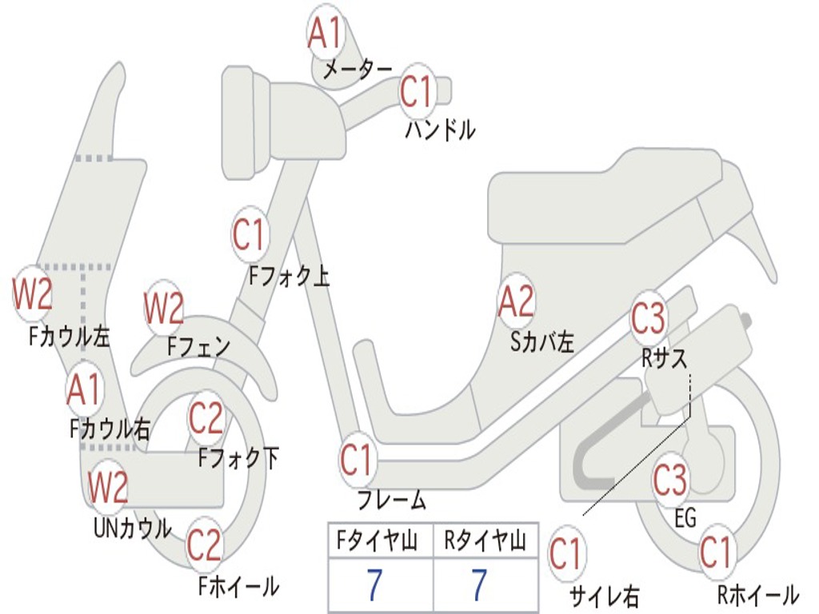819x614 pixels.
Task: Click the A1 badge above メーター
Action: tap(325, 32)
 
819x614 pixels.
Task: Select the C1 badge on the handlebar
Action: tap(417, 91)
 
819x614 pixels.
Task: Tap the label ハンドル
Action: tap(441, 130)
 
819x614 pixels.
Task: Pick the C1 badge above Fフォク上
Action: tap(250, 234)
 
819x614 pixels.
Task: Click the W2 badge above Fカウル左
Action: tap(32, 293)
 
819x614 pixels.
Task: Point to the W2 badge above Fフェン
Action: tap(164, 308)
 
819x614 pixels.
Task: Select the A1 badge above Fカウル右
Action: tap(84, 389)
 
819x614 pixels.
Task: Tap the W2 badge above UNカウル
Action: tap(108, 487)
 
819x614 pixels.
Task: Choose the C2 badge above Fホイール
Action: tap(205, 545)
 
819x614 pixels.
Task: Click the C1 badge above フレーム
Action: tap(358, 460)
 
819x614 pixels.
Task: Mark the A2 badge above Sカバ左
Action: tap(517, 301)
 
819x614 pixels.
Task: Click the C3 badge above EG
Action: tap(671, 480)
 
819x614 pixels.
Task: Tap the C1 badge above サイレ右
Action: tap(567, 553)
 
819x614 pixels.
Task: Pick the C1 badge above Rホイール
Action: tap(717, 552)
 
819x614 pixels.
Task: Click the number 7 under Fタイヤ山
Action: tap(374, 584)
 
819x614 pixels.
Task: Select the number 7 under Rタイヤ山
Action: tap(480, 584)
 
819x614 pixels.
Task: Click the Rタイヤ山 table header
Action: tap(485, 540)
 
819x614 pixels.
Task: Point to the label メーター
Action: tap(358, 69)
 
